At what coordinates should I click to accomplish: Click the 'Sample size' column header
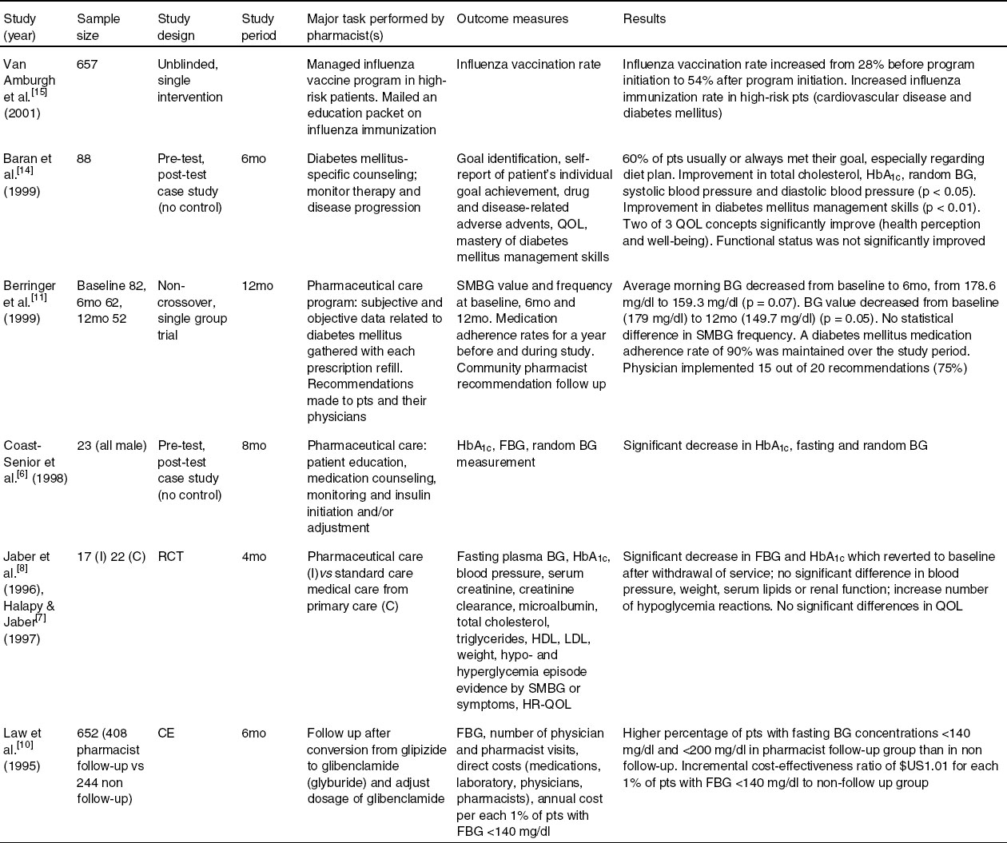(x=98, y=26)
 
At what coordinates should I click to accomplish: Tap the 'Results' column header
(x=644, y=18)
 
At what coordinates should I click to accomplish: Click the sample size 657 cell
(x=87, y=65)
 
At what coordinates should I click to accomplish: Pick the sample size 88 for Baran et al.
(x=84, y=158)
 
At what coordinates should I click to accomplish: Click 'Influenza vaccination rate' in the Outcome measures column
(x=528, y=65)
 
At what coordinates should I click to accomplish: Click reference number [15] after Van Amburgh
(x=39, y=94)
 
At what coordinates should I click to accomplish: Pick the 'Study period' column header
(x=259, y=26)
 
